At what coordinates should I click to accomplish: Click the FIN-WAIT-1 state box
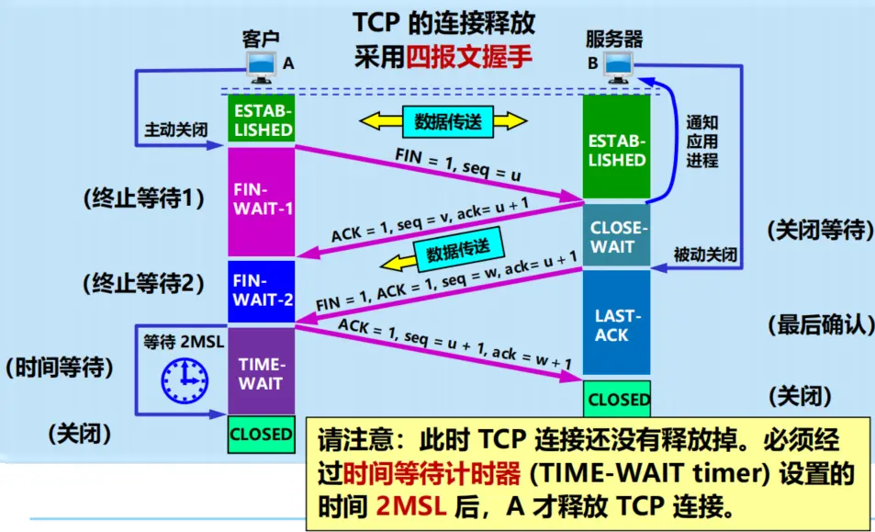(x=261, y=201)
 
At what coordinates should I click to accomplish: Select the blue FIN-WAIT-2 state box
(x=261, y=291)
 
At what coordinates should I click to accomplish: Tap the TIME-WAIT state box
(x=261, y=370)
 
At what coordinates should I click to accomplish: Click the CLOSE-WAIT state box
(x=617, y=235)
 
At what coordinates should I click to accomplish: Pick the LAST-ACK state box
(x=617, y=323)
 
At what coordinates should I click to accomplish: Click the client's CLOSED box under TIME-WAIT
(x=261, y=435)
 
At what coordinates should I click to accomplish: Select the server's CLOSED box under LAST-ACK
(x=617, y=399)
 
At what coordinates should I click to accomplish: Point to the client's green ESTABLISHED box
(x=261, y=119)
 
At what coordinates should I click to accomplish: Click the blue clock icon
(x=185, y=380)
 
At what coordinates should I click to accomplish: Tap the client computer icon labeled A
(x=261, y=67)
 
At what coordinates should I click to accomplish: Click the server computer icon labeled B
(x=618, y=67)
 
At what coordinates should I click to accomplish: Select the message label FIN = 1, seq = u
(x=457, y=164)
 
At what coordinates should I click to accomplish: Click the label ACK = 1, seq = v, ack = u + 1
(x=430, y=220)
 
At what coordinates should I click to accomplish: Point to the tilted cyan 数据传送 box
(x=459, y=249)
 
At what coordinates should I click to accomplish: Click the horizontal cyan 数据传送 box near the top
(x=447, y=121)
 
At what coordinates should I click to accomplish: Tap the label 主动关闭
(x=175, y=130)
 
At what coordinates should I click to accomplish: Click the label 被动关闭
(x=705, y=255)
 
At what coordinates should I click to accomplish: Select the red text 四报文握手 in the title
(x=469, y=56)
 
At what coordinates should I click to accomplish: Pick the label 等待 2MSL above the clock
(x=184, y=341)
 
